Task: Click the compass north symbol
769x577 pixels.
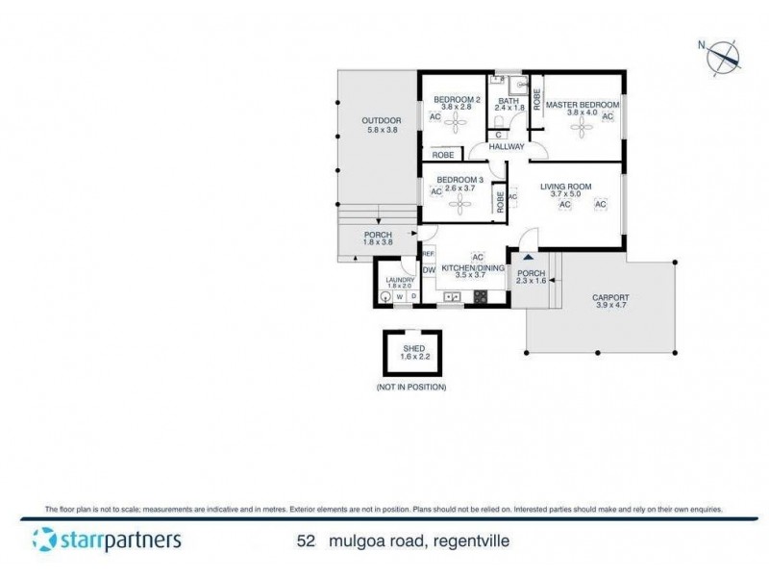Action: [x=723, y=56]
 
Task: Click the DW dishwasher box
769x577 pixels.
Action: [x=429, y=270]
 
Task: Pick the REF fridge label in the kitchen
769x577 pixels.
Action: [x=429, y=254]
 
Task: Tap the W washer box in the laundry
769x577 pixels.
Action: [x=400, y=297]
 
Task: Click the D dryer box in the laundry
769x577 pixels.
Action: [x=413, y=297]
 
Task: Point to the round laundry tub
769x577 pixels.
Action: [x=384, y=297]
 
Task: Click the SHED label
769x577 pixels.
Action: [x=413, y=348]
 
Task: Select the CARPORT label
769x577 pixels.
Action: [x=610, y=297]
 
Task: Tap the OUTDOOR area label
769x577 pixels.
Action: [x=381, y=120]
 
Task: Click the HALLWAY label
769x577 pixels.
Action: [x=507, y=147]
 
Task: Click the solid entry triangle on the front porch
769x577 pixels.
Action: [x=527, y=258]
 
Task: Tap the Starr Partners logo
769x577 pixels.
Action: [x=106, y=539]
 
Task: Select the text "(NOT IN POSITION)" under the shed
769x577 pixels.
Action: [x=411, y=387]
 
